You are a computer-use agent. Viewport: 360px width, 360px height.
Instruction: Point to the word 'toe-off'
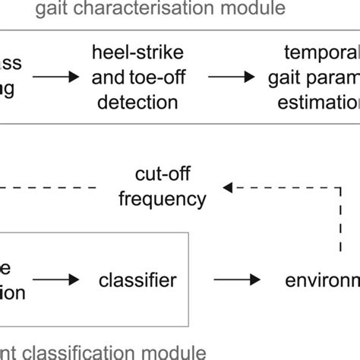click(x=159, y=77)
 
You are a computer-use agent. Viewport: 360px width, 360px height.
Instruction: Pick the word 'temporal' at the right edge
click(x=320, y=53)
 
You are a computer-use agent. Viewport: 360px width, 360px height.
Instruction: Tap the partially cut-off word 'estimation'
click(x=323, y=100)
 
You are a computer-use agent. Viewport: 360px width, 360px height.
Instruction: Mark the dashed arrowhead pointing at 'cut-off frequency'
click(x=226, y=187)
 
